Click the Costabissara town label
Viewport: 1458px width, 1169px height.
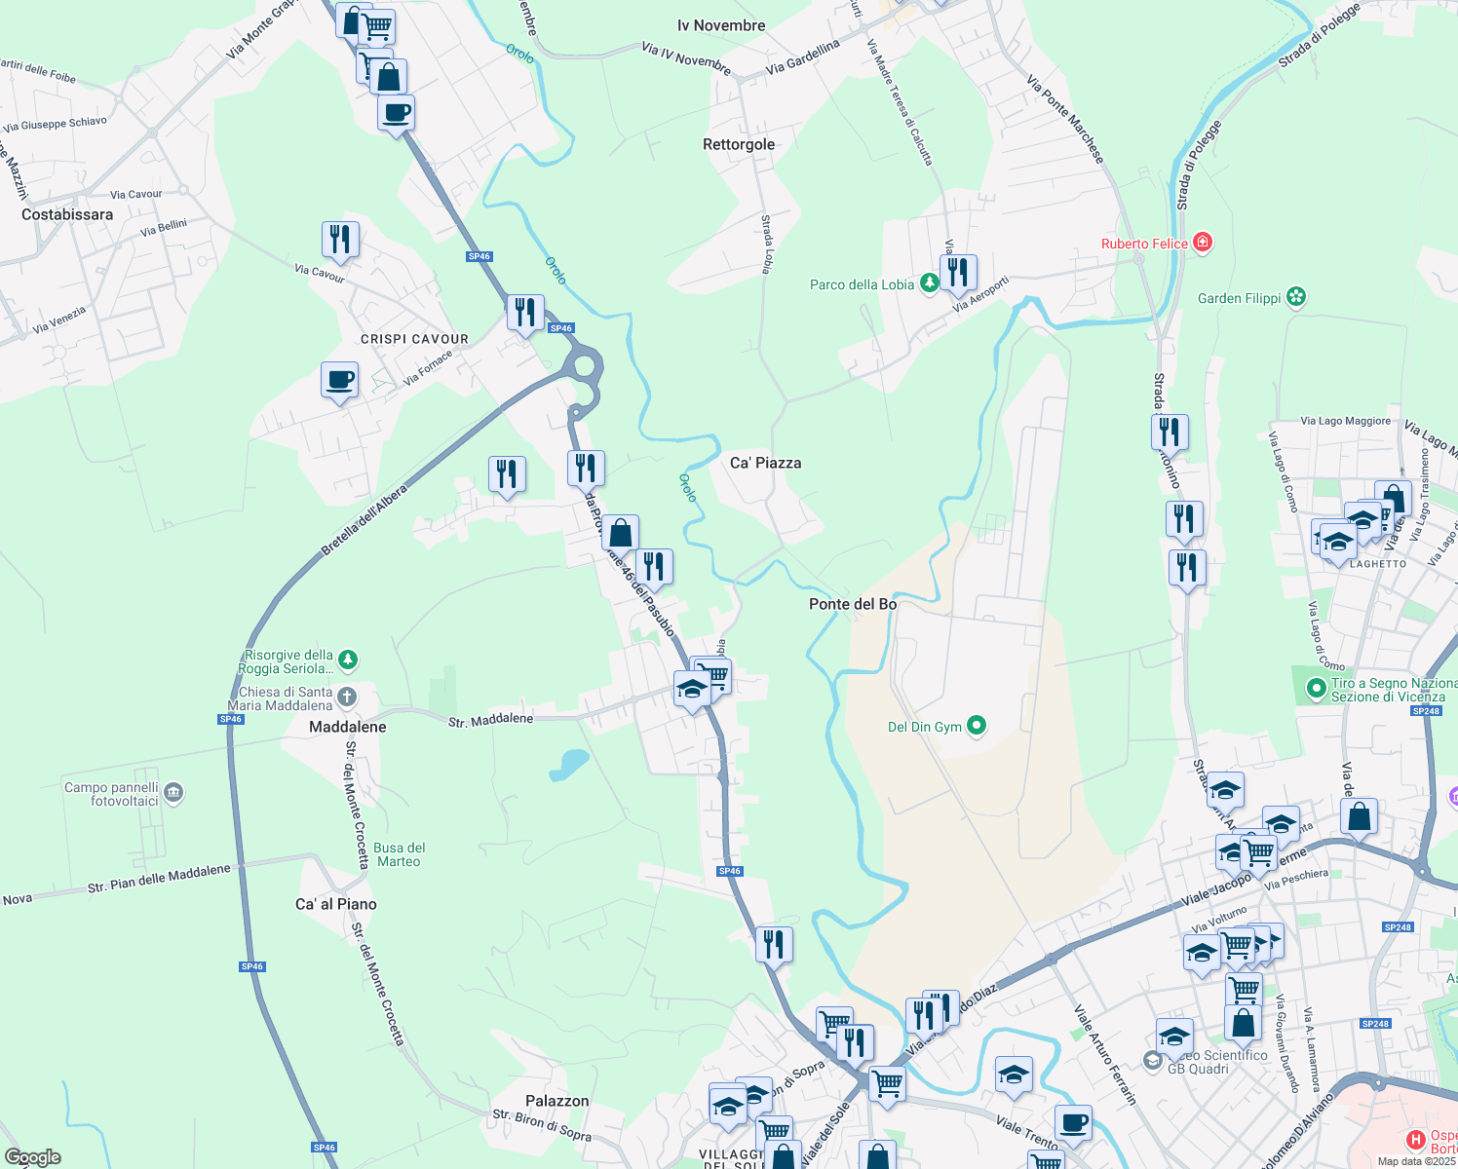coord(67,214)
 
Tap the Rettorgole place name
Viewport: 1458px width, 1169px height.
coord(739,144)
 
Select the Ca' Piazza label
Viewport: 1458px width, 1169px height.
coord(765,463)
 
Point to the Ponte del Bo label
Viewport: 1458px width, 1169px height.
coord(853,604)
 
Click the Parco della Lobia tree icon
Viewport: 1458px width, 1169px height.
coord(930,283)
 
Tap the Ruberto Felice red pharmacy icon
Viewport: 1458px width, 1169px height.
coord(1203,243)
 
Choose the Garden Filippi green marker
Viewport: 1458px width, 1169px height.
coord(1295,297)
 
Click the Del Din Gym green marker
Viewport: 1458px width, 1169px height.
coord(977,726)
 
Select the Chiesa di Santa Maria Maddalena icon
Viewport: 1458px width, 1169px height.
coord(346,698)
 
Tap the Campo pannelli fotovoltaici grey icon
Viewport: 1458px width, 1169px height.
coord(173,793)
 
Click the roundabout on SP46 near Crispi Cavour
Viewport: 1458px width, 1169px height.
coord(584,366)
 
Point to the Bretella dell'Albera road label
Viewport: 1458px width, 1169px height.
coord(364,522)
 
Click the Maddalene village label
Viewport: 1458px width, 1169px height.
coord(347,727)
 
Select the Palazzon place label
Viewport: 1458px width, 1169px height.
coord(556,1101)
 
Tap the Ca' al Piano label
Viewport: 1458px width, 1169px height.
coord(335,904)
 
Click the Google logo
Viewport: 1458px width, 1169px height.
coord(32,1157)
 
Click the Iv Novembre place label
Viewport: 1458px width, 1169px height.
coord(721,25)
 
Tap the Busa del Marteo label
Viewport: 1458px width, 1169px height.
coord(399,854)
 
